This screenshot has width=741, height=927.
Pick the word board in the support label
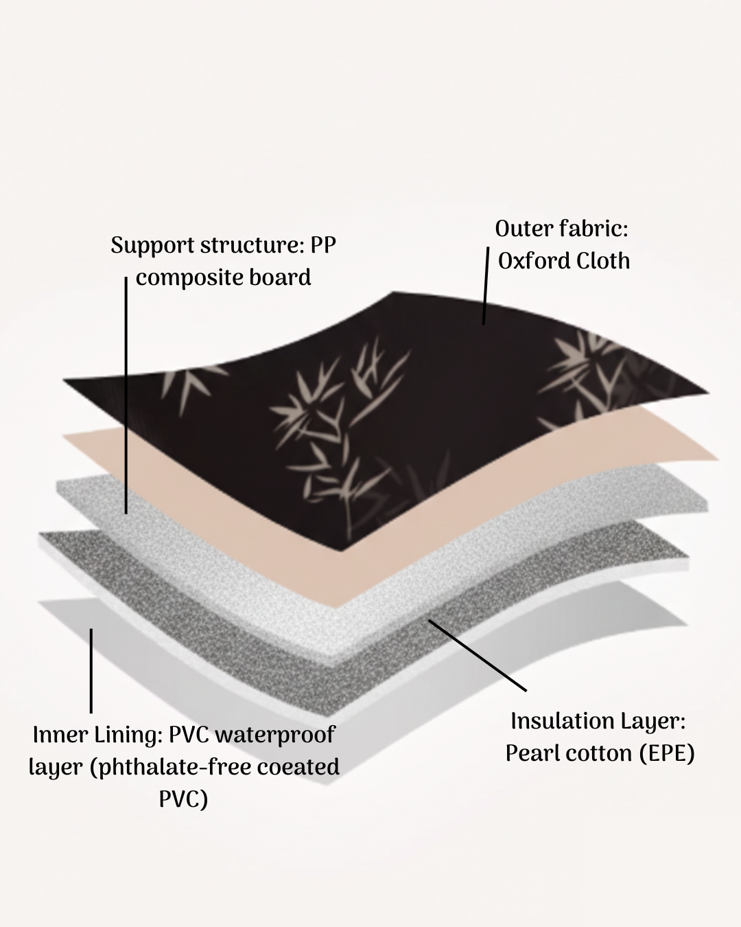coord(281,277)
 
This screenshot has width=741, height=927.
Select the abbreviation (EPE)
coord(666,753)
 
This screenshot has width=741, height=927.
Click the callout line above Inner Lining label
coord(91,669)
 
